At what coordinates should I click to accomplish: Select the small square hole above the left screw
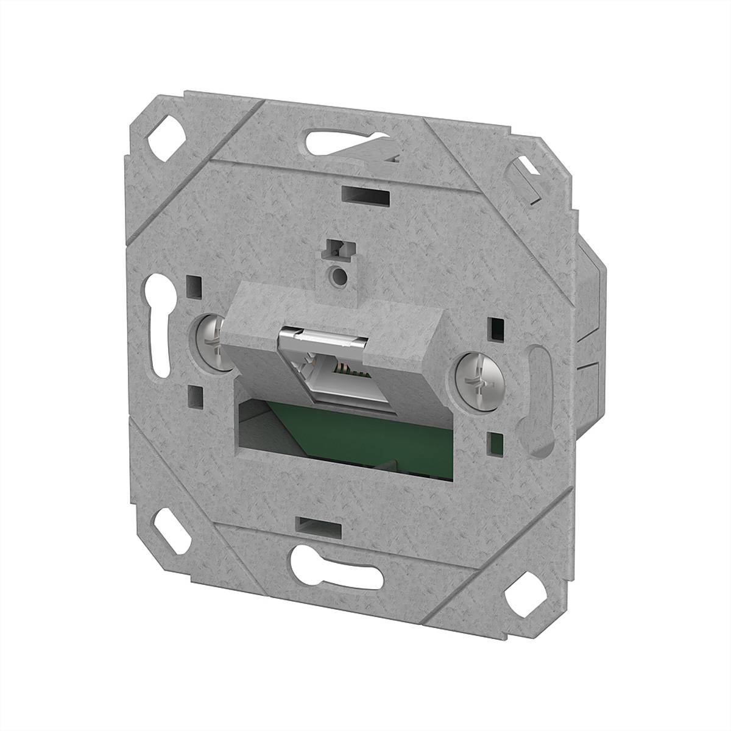coord(195,284)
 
